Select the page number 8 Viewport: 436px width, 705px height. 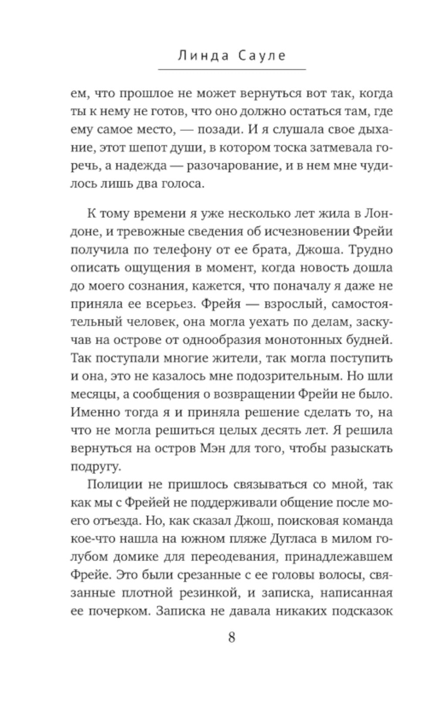[x=232, y=637]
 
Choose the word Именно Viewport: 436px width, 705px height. [x=94, y=412]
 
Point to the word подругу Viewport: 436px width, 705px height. [x=95, y=467]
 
